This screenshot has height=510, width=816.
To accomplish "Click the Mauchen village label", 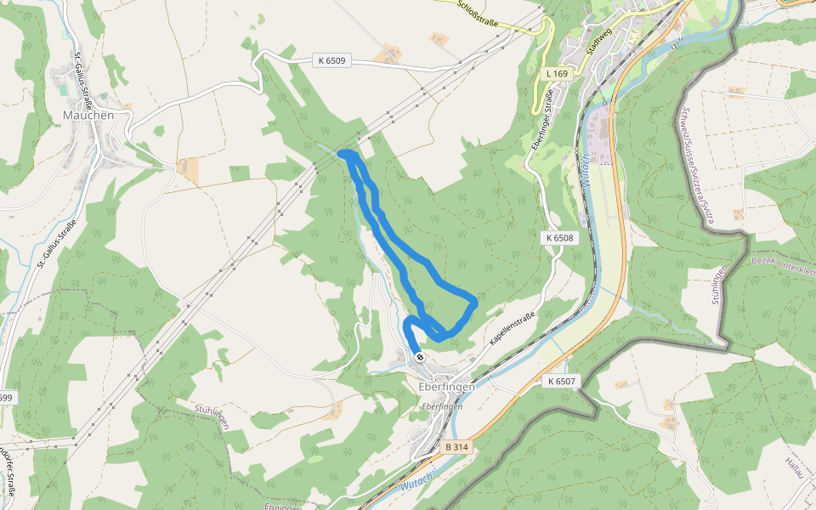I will point(88,114).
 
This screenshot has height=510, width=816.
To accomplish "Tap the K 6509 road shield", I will point(331,60).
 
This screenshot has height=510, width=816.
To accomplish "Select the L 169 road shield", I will point(556,74).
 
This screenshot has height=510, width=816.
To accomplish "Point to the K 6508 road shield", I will point(560,238).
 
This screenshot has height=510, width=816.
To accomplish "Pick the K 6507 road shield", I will point(562,382).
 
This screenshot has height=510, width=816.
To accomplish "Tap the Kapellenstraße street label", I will point(512,329).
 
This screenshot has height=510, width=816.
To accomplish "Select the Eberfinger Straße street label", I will point(541,124).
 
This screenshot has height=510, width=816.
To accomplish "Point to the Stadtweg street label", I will point(598,39).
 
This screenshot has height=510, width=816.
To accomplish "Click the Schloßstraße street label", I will point(477,12).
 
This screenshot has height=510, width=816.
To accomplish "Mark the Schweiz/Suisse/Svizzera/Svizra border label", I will point(697,165).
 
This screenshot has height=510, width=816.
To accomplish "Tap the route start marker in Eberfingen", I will point(419,357).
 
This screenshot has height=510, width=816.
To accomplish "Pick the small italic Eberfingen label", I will point(442,407).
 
